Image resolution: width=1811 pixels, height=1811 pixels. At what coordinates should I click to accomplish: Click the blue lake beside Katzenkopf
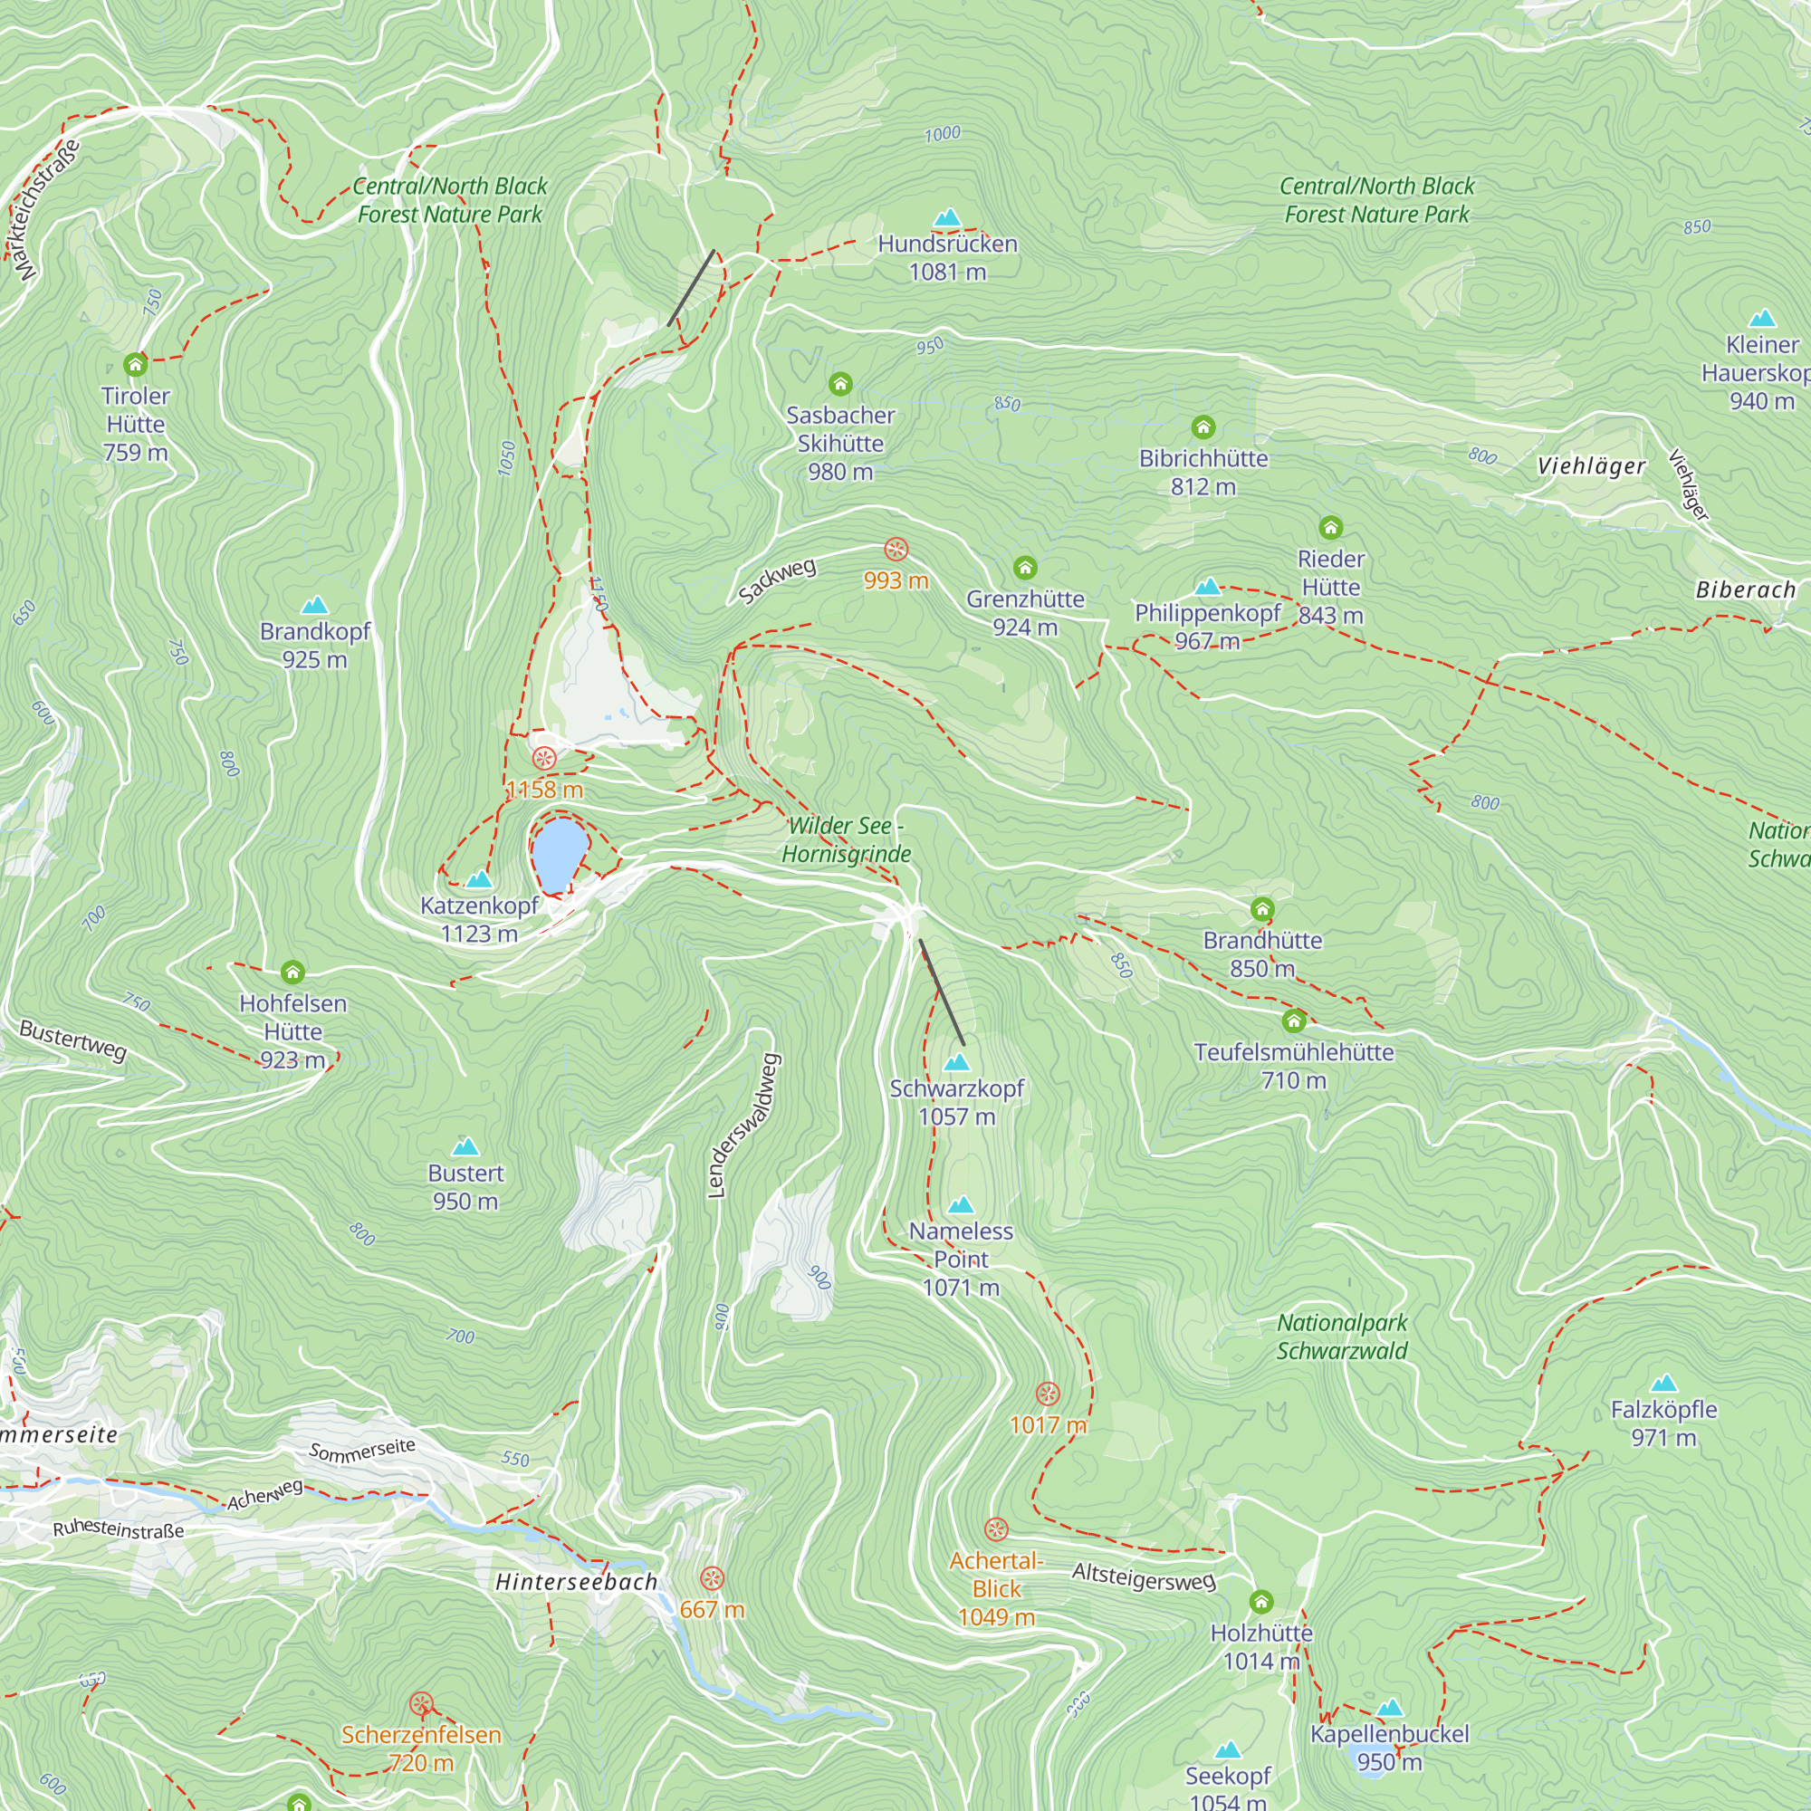point(560,855)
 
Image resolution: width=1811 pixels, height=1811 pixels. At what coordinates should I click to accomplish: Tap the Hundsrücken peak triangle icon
point(948,218)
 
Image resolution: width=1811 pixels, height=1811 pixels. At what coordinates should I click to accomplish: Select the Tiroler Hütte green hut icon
point(136,364)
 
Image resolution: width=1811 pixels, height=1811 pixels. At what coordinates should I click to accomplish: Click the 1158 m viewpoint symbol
point(543,758)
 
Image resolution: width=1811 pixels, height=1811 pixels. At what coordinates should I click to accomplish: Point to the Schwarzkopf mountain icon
point(956,1063)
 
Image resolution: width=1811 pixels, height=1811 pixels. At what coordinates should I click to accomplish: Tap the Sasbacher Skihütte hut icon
point(840,384)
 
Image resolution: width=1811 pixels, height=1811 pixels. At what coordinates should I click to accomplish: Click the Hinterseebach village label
point(576,1582)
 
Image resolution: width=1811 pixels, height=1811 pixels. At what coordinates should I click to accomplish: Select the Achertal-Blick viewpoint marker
point(995,1529)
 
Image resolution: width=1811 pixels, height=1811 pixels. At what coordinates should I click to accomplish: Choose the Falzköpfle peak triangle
point(1662,1384)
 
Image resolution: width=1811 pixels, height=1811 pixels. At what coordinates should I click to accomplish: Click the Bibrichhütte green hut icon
point(1203,428)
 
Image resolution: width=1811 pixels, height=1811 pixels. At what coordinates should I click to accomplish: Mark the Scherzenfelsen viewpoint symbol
point(421,1704)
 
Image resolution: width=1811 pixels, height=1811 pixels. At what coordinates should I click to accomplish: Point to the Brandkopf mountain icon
point(315,606)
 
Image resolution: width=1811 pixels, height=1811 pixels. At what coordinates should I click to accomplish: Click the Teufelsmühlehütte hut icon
point(1294,1020)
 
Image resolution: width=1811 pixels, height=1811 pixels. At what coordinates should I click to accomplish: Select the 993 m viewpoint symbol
point(896,550)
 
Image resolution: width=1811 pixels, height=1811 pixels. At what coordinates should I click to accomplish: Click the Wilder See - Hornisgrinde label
point(846,840)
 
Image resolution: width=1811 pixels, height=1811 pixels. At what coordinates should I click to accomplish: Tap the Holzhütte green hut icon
point(1260,1601)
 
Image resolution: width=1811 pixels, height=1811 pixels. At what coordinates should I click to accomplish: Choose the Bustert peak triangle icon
point(465,1147)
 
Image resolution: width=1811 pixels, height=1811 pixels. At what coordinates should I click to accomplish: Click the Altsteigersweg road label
point(1144,1576)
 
